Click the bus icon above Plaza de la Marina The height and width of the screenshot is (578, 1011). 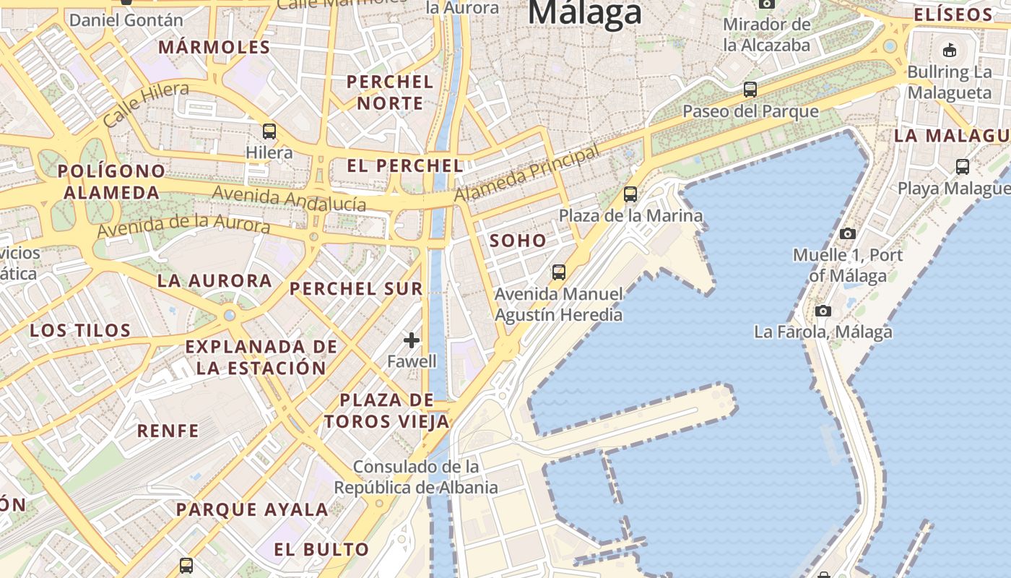(x=630, y=194)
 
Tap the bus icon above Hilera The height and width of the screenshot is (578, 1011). (x=269, y=131)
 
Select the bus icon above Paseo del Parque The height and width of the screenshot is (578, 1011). (x=750, y=90)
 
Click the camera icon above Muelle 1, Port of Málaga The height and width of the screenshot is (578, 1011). (x=848, y=233)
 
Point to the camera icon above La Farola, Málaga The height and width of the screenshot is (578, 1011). (x=823, y=311)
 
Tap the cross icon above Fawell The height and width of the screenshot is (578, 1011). (x=412, y=340)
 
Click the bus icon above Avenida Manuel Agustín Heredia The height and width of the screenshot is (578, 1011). (x=558, y=272)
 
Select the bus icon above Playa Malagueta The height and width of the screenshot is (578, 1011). (x=963, y=167)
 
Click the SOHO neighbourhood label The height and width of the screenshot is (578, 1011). (x=518, y=241)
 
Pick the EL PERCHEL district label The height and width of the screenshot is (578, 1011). (x=405, y=165)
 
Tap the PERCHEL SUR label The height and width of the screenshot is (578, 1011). (x=356, y=289)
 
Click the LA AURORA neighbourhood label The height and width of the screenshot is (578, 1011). (x=214, y=280)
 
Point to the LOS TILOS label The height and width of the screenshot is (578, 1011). (x=80, y=331)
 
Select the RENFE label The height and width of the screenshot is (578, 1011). (x=168, y=431)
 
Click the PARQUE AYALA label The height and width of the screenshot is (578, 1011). (x=252, y=509)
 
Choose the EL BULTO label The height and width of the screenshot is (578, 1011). (x=321, y=549)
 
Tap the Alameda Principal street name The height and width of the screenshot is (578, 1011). (x=527, y=173)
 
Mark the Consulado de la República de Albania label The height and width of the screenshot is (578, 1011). (x=416, y=477)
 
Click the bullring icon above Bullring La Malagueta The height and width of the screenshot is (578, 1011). (x=949, y=50)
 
